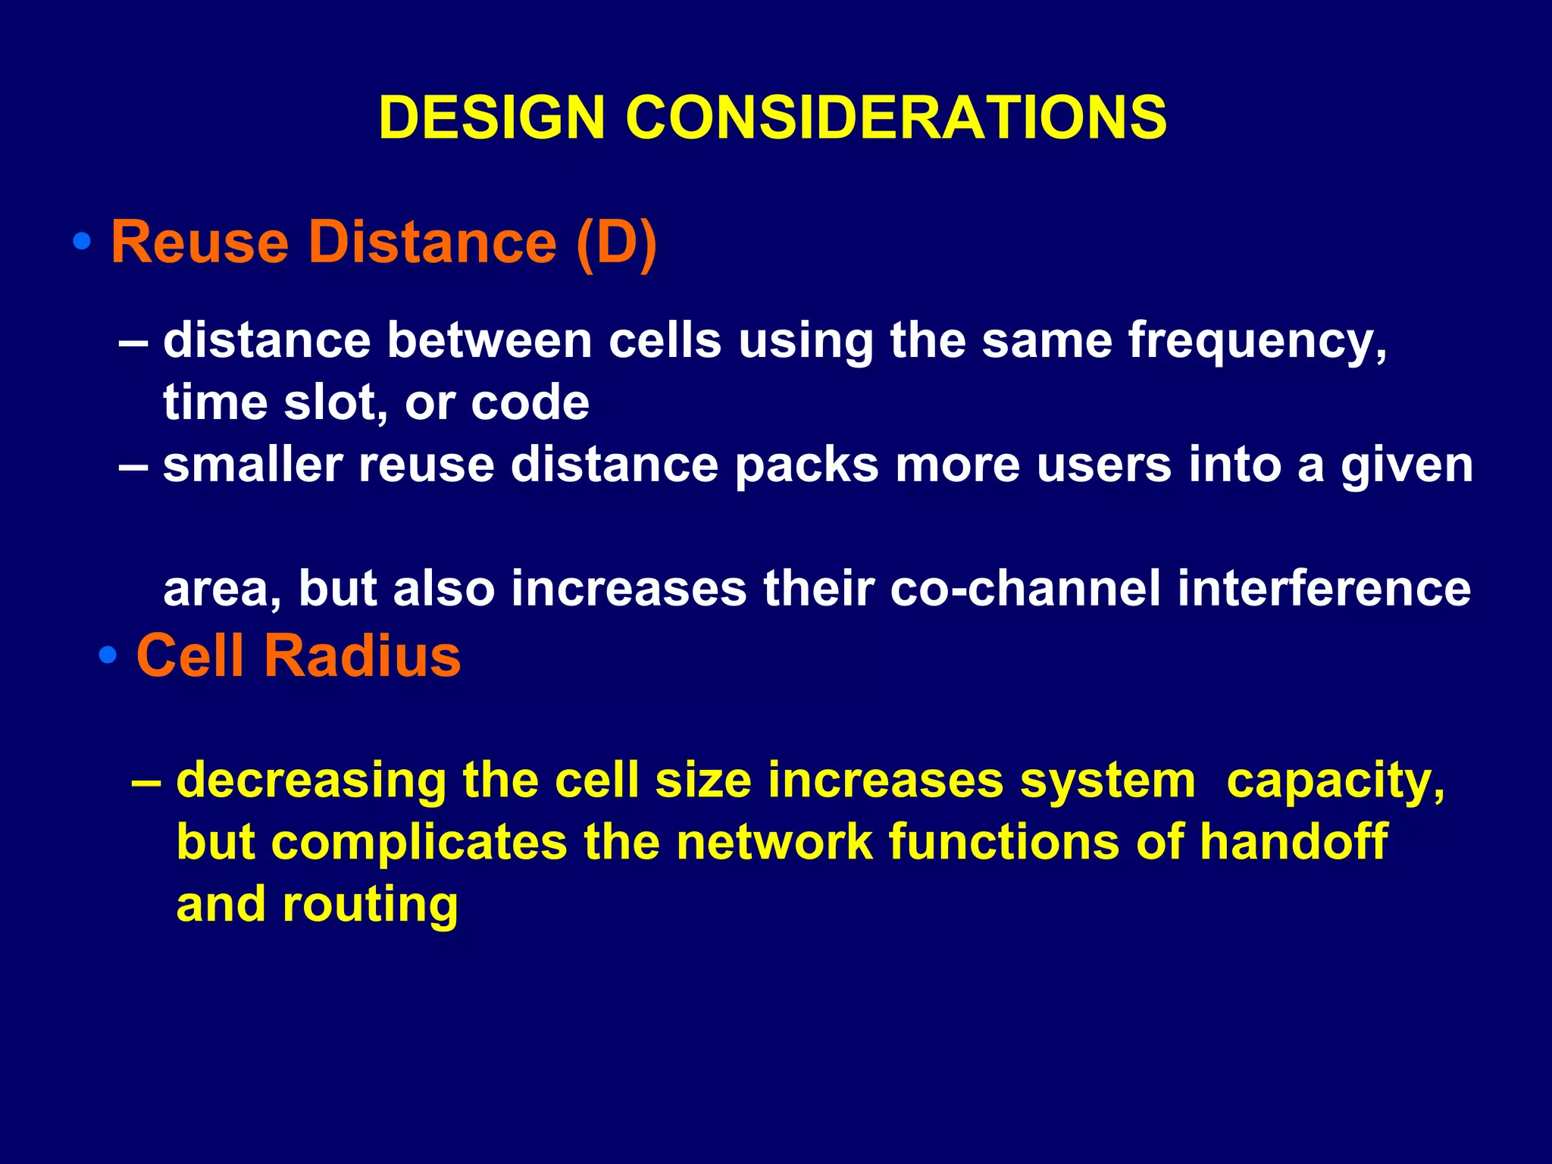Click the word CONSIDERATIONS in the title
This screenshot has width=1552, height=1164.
point(896,117)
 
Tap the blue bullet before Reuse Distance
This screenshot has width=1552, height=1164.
point(82,242)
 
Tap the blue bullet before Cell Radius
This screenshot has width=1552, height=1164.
point(108,655)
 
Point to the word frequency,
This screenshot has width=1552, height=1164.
point(1258,341)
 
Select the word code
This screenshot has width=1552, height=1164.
point(530,403)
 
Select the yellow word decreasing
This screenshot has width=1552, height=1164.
point(311,781)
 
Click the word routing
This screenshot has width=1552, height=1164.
point(370,906)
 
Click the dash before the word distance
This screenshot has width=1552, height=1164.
point(133,341)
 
